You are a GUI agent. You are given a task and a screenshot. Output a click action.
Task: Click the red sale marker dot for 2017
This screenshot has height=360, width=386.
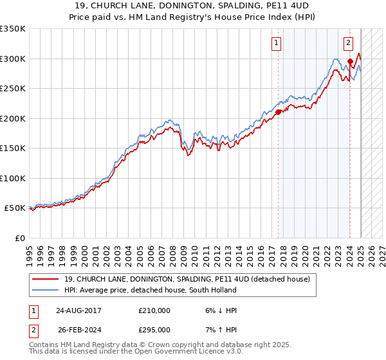point(279,112)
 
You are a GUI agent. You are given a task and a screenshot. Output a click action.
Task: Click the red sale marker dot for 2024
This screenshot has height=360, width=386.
point(350,62)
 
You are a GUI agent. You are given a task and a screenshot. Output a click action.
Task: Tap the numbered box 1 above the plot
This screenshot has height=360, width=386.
point(276,43)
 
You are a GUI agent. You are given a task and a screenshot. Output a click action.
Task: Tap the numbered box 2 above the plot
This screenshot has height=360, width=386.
point(348,43)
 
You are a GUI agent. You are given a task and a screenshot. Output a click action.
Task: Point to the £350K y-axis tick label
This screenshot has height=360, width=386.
point(13,29)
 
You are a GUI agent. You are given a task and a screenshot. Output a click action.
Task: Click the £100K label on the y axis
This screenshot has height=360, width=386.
point(13,178)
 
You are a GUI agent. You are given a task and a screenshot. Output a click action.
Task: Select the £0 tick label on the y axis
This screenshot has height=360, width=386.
point(20,238)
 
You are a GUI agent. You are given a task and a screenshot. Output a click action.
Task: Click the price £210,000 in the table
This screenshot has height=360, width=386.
point(154,310)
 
